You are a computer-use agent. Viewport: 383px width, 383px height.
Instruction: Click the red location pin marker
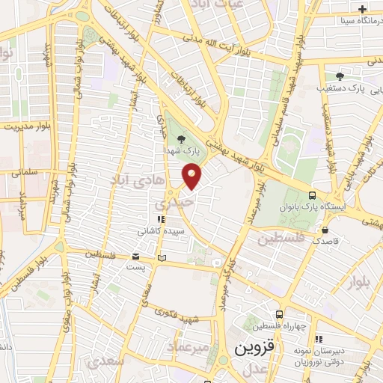192,177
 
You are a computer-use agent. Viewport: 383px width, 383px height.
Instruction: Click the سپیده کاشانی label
160,232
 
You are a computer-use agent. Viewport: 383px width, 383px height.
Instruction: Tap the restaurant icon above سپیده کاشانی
160,220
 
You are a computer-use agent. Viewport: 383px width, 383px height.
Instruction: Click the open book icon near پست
161,258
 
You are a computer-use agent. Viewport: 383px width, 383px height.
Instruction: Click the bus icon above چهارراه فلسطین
279,314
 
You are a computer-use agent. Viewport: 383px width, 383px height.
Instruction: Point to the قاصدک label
325,242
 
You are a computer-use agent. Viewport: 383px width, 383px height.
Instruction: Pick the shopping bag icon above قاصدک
325,230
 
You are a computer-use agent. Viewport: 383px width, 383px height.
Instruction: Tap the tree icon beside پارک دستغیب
340,76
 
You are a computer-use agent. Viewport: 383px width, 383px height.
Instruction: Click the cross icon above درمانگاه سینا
362,10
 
